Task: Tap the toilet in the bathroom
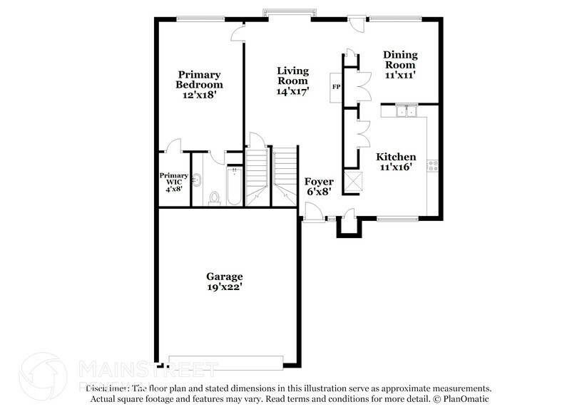tap(214, 197)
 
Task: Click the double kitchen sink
tap(407, 110)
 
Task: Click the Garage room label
tap(225, 276)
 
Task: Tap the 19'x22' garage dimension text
tap(225, 288)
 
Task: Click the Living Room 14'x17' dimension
tap(292, 91)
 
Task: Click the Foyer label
tap(319, 182)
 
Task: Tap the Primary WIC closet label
tap(173, 179)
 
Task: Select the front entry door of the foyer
tap(310, 212)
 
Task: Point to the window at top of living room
tap(277, 12)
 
